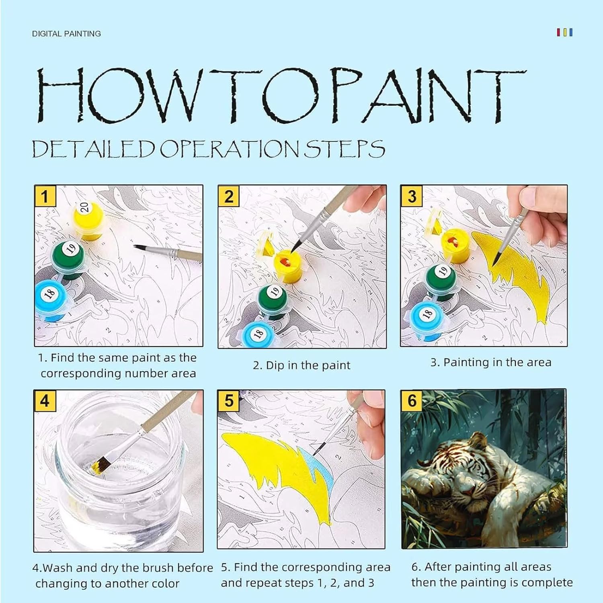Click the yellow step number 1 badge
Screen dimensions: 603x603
45,196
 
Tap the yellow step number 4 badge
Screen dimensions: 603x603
45,401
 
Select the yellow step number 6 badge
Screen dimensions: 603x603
412,401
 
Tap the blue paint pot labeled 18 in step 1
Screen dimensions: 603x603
51,299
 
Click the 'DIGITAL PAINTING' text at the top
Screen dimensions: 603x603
66,34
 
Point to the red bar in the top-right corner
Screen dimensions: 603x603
558,32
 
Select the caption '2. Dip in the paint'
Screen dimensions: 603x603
301,365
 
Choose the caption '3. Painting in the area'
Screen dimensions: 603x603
491,363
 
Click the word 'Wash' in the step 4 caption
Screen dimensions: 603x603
57,568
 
